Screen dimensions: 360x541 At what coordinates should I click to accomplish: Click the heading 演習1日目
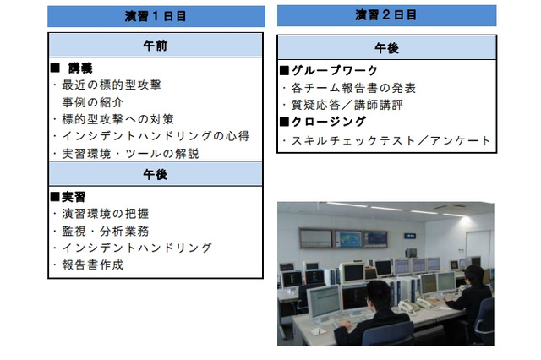pos(156,16)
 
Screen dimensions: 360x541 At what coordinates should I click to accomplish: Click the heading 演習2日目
pos(386,15)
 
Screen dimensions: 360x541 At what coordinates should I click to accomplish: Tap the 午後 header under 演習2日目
pos(386,48)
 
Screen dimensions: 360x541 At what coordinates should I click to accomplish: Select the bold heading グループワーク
pos(335,70)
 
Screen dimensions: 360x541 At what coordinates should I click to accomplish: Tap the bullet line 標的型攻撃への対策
pos(117,118)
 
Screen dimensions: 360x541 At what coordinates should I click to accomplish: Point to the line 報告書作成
pos(92,265)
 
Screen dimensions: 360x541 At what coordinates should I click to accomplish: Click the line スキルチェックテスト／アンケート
pos(390,140)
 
